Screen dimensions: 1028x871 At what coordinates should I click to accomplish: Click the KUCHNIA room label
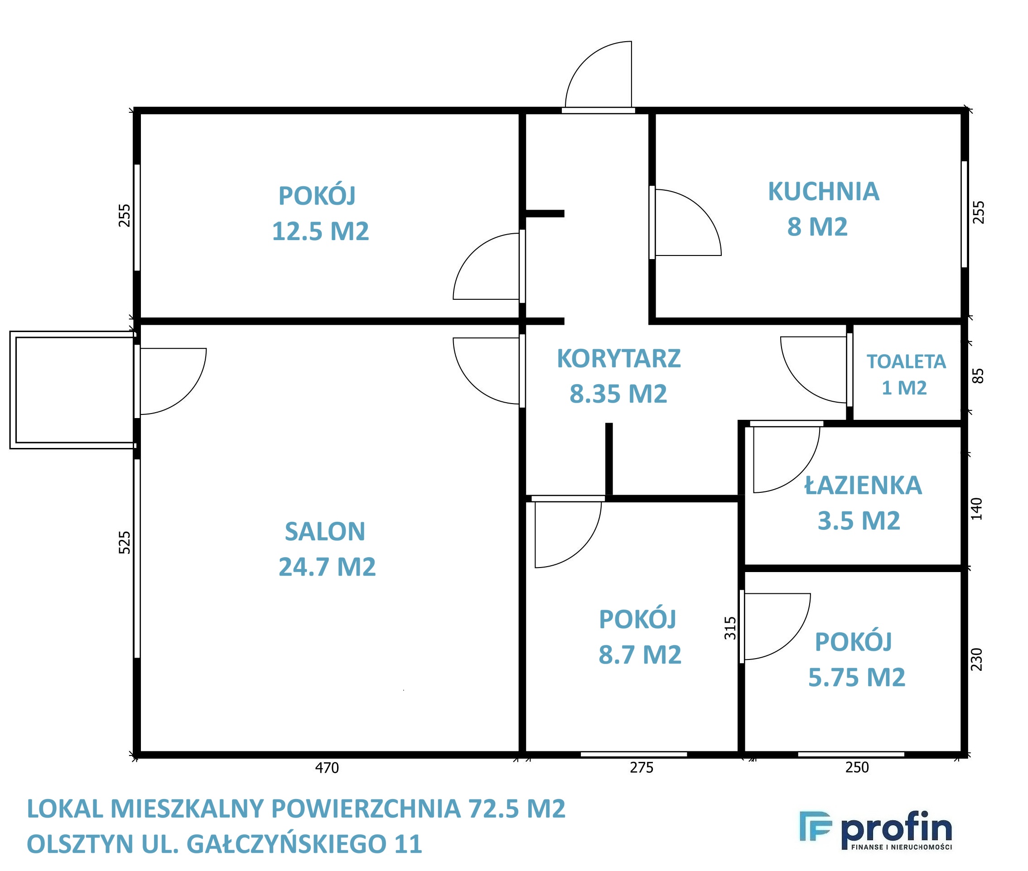(823, 192)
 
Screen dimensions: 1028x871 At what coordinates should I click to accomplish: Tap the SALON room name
(324, 531)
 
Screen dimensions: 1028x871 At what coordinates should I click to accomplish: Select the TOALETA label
(906, 361)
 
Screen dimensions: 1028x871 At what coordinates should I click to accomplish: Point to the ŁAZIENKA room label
(863, 486)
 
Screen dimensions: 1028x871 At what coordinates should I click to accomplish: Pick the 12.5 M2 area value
(320, 231)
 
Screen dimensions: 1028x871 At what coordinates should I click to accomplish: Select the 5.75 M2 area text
(856, 677)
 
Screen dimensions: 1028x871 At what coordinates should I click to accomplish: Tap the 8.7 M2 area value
(639, 655)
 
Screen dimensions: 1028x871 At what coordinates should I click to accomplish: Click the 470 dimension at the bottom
(327, 768)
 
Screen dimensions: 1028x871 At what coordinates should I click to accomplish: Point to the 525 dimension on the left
(125, 542)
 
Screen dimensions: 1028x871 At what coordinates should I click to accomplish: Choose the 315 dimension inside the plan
(729, 628)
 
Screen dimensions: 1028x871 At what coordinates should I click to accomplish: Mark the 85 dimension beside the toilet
(978, 376)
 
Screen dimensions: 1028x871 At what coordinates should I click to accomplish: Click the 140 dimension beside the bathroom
(977, 509)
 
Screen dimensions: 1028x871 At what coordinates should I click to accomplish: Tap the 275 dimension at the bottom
(641, 767)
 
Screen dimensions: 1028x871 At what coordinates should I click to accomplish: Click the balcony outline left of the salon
(13, 390)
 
